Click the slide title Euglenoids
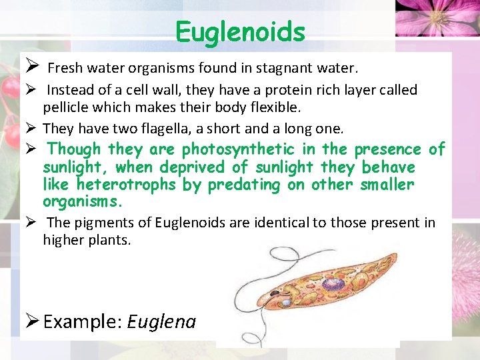[x=240, y=31]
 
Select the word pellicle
[x=64, y=107]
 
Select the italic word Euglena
[x=161, y=322]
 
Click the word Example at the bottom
[x=80, y=322]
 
